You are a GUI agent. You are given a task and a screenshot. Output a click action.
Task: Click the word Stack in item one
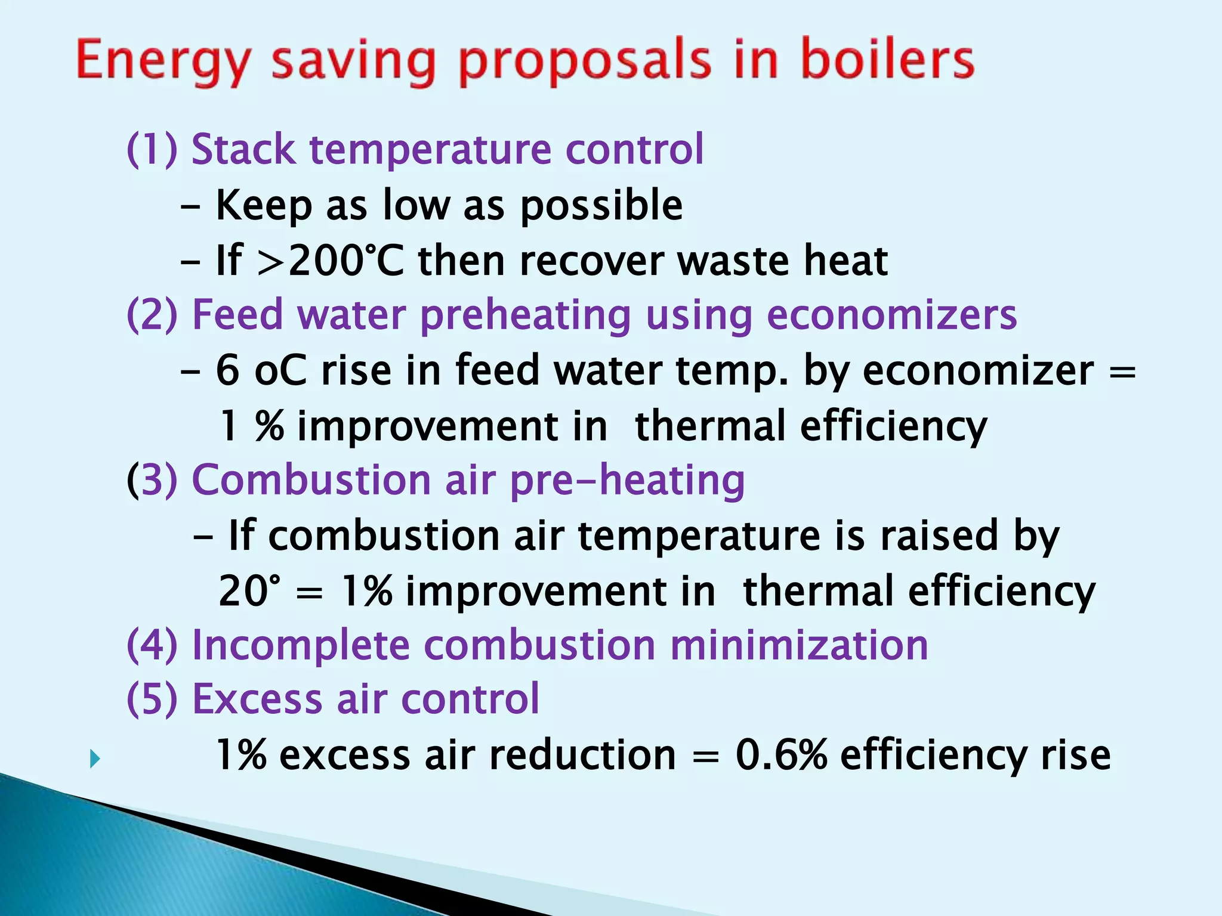point(243,149)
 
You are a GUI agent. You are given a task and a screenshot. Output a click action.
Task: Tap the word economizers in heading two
point(891,315)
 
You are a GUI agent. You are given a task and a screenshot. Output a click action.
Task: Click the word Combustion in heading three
point(311,480)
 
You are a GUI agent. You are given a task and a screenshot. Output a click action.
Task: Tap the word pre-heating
point(627,480)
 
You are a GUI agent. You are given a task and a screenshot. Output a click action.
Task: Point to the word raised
point(939,535)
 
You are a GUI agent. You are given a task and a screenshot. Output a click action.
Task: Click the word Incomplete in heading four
point(301,645)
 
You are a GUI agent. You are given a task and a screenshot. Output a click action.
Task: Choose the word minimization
point(799,645)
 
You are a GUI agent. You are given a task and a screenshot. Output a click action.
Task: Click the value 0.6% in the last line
point(781,755)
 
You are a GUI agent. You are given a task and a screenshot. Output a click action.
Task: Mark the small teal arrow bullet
point(94,760)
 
